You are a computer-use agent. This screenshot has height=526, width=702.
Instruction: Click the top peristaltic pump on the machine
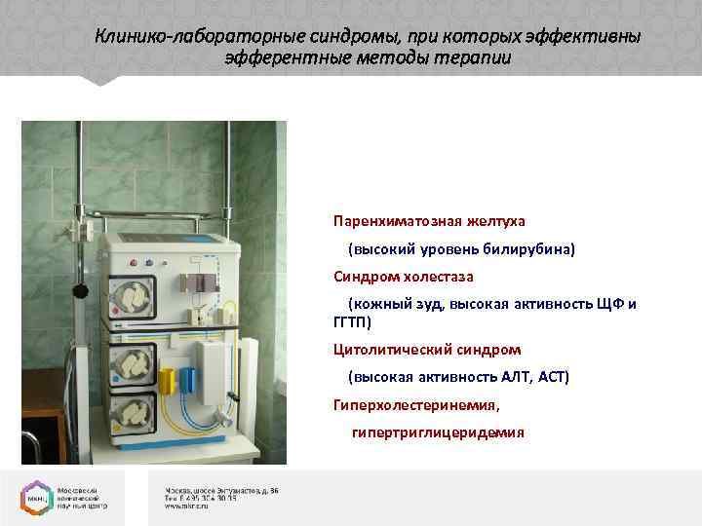[132, 295]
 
